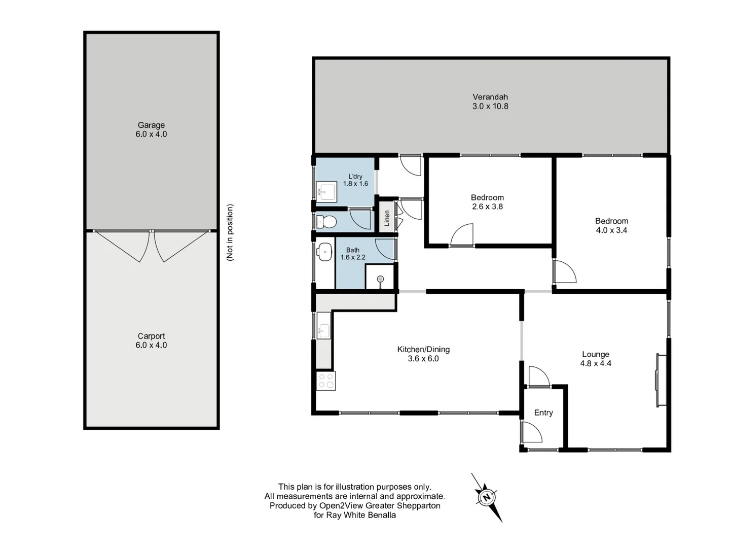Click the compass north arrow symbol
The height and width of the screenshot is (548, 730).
[487, 497]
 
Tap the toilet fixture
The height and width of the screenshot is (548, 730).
[325, 222]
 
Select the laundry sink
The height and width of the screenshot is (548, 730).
[325, 192]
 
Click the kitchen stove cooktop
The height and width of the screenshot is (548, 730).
[326, 381]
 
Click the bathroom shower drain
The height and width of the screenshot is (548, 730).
[380, 279]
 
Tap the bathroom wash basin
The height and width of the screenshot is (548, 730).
[324, 250]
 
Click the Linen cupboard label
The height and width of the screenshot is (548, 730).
[387, 218]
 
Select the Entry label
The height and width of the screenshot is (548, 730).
[543, 413]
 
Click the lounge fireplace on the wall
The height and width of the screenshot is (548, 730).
[660, 380]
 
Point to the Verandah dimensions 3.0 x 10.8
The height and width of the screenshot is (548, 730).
[490, 107]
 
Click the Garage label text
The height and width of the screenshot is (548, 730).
[151, 125]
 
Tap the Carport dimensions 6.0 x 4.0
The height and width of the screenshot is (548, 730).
[151, 345]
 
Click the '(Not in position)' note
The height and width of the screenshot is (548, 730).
[231, 232]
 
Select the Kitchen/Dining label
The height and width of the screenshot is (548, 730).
[423, 349]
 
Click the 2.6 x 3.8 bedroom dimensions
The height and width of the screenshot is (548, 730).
[487, 207]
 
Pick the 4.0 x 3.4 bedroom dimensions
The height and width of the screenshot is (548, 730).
[611, 230]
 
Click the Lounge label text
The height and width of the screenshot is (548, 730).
[596, 354]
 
